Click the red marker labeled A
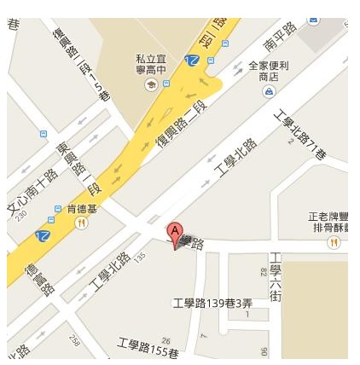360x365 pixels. click(x=174, y=234)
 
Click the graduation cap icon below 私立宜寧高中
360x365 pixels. click(x=151, y=84)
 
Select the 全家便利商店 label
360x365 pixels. click(x=270, y=71)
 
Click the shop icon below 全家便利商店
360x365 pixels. click(x=270, y=90)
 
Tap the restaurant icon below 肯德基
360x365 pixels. click(x=81, y=223)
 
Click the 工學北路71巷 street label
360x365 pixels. click(x=299, y=135)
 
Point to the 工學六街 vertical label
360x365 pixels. click(x=276, y=276)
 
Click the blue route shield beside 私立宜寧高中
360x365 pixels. click(x=194, y=60)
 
